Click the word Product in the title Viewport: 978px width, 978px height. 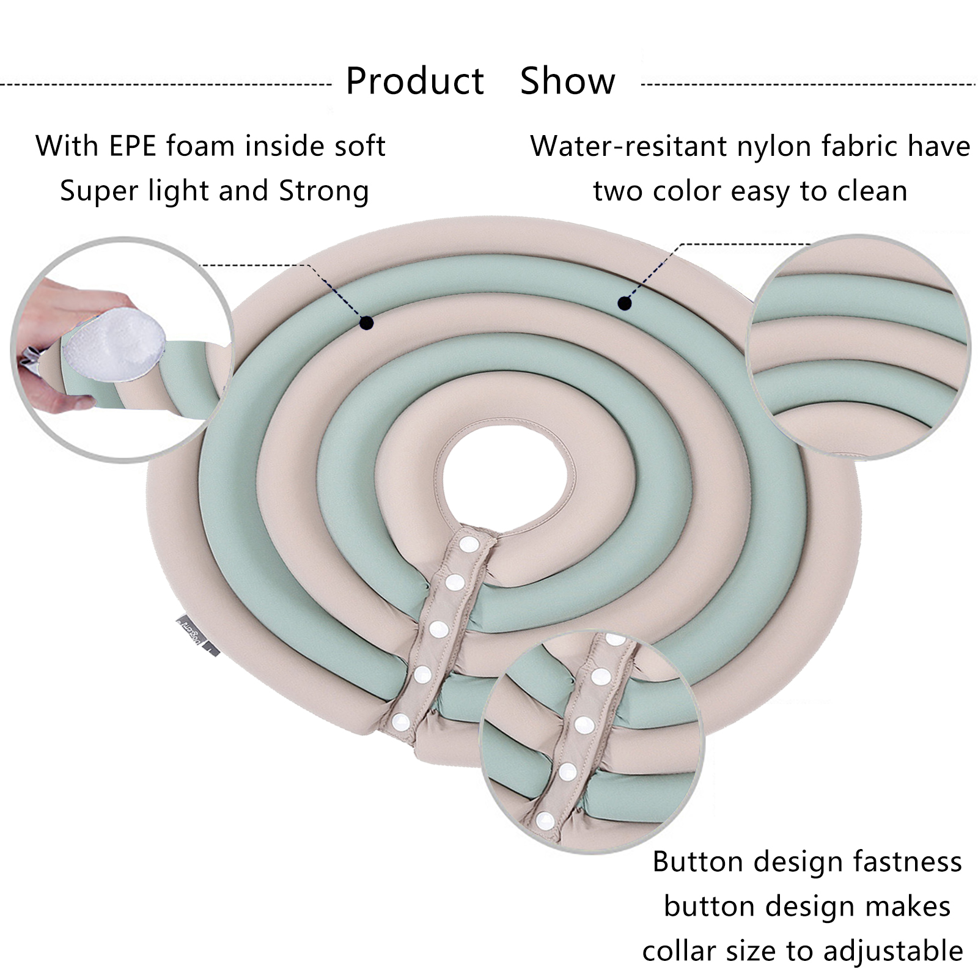tap(414, 81)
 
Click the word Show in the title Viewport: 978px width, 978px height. tap(567, 81)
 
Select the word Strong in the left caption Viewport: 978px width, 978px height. tap(324, 191)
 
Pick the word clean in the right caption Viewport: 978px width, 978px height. tap(872, 191)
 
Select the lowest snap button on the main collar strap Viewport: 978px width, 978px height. tap(401, 722)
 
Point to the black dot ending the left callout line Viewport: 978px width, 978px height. tap(366, 323)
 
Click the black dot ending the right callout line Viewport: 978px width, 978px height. tap(624, 303)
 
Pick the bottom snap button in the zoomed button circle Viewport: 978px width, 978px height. tap(544, 820)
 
